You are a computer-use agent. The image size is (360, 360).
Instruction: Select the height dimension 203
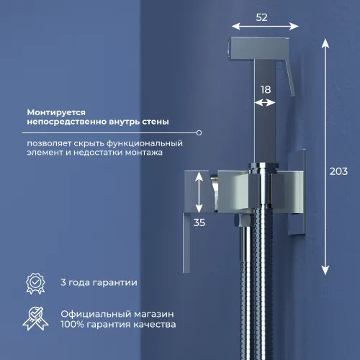click(338, 171)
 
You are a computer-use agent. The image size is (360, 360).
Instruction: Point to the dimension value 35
click(199, 222)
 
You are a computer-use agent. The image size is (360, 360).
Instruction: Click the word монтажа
click(143, 153)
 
